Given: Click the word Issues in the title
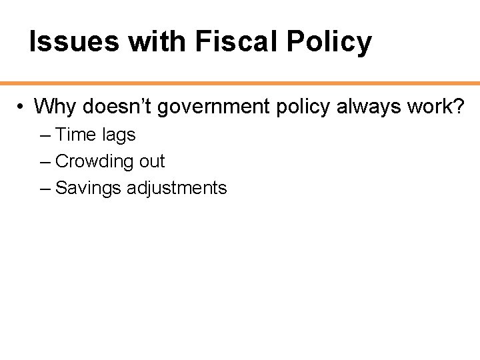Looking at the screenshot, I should [x=75, y=42].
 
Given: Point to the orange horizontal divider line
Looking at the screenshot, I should [x=240, y=83].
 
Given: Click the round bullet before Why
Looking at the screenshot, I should [x=22, y=107].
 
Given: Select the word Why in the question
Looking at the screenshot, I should [x=55, y=107].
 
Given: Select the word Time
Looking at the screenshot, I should [x=76, y=135].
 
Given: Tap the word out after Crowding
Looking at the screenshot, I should [x=151, y=161].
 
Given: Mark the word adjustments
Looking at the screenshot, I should [x=177, y=189].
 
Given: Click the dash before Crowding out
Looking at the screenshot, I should [x=45, y=162].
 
